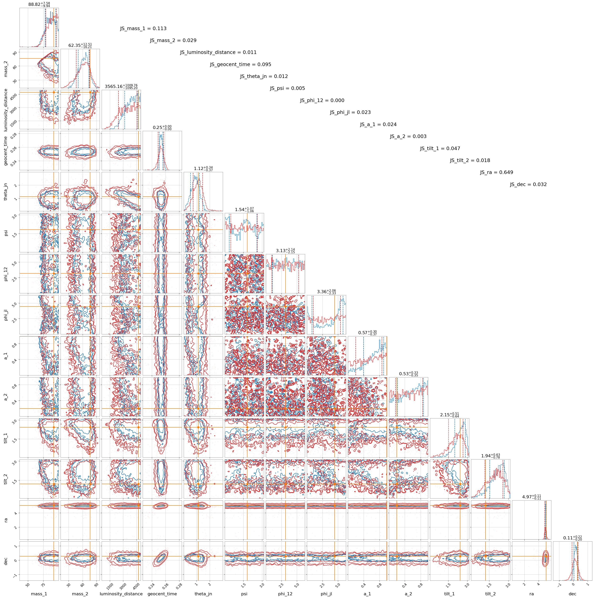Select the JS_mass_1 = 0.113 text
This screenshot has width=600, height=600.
(x=143, y=29)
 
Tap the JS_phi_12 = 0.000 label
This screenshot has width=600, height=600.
(x=322, y=100)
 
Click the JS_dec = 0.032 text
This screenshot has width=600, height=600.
(x=528, y=184)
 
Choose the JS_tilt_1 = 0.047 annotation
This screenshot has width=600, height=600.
(x=440, y=149)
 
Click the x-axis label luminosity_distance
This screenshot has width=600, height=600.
(x=121, y=594)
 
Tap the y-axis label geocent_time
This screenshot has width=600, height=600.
(x=6, y=151)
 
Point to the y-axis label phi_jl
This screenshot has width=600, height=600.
(x=6, y=315)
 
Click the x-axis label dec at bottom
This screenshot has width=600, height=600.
(x=572, y=594)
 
